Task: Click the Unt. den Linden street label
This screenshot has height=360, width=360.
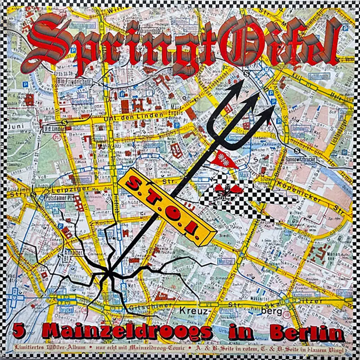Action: tap(138, 115)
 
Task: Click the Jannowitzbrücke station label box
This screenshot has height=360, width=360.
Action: tap(302, 159)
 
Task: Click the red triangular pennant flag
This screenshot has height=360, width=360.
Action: tap(224, 159)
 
